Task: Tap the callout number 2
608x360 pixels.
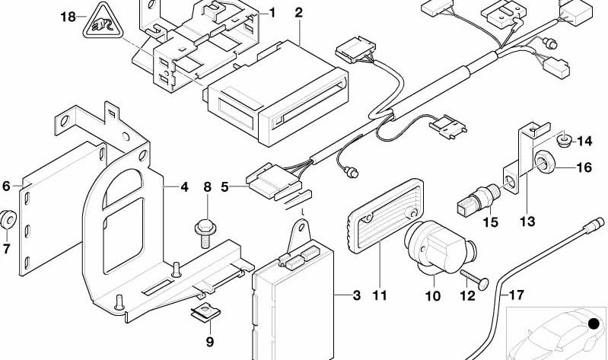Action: pos(298,13)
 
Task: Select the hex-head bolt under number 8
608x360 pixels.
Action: pos(205,233)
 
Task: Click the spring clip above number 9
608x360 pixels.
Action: pos(206,311)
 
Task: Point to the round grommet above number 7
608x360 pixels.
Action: pos(8,219)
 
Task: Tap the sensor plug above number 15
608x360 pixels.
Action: pos(480,197)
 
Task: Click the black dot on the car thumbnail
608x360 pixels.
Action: pos(594,323)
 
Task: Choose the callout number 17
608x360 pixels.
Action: pos(516,295)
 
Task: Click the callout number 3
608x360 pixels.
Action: pos(356,295)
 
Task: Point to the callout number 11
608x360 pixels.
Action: pos(380,295)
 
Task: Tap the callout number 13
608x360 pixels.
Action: pos(527,221)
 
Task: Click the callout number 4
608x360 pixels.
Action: pos(185,187)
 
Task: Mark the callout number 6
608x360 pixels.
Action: pos(6,186)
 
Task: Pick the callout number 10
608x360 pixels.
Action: pos(433,296)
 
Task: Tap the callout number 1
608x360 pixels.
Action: pos(272,13)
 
